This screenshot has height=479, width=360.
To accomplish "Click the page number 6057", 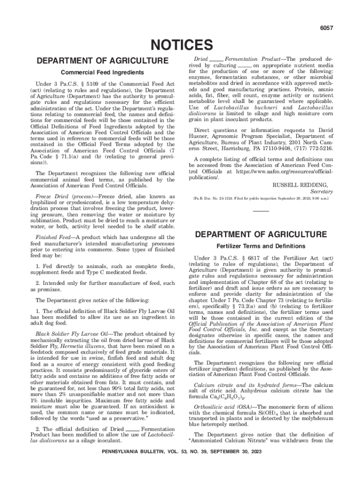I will point(326,28).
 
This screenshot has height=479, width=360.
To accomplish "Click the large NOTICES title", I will point(180,45).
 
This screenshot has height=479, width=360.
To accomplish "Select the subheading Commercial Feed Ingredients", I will point(102,73).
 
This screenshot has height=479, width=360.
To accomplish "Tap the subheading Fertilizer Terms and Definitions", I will point(261,246).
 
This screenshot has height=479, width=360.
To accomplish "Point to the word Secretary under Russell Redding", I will point(321,192).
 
